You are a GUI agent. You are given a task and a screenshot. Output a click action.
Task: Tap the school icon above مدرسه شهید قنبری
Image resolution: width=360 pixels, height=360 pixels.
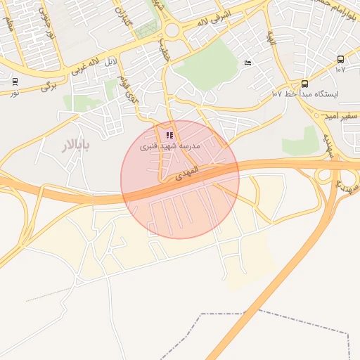(169, 135)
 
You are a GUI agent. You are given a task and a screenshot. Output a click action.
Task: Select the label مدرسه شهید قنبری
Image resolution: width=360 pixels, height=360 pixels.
(169, 146)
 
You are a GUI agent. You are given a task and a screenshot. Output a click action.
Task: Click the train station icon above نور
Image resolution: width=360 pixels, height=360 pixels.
(15, 82)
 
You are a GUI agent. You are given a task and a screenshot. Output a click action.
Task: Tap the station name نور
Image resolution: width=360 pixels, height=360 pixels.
(15, 92)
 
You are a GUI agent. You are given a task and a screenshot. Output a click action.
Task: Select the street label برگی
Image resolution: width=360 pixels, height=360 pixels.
(48, 86)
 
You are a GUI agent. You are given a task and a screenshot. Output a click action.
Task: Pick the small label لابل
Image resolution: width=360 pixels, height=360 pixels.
(110, 63)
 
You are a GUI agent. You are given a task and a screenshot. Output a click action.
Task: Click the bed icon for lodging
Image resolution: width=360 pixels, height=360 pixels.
(247, 64)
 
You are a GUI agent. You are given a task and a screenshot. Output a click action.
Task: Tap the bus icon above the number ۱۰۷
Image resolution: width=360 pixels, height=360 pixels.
(340, 60)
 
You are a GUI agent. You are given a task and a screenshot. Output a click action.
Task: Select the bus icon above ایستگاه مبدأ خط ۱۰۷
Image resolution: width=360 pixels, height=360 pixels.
(304, 84)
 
